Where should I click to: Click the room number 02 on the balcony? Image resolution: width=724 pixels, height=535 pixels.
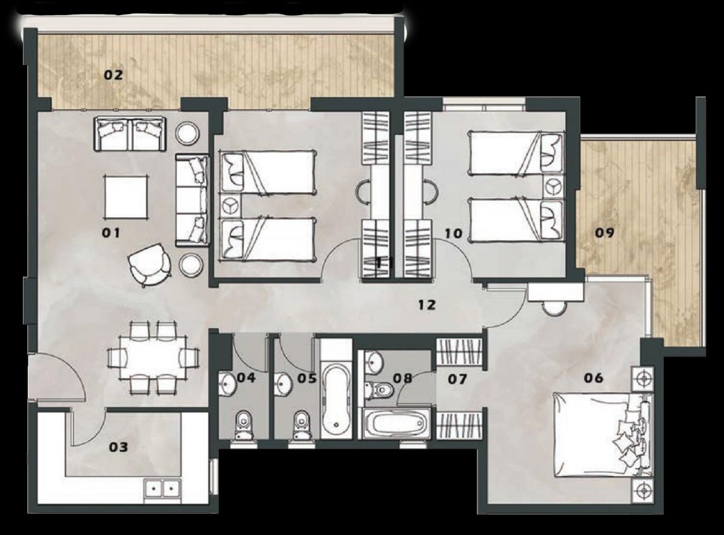pyautogui.click(x=113, y=75)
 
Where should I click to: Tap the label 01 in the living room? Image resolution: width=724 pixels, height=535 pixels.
pyautogui.click(x=111, y=233)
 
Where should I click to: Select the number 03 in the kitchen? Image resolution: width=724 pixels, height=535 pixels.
pyautogui.click(x=118, y=447)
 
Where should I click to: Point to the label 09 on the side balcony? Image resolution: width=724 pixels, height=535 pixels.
pyautogui.click(x=605, y=233)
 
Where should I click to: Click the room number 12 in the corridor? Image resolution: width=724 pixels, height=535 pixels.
pyautogui.click(x=427, y=305)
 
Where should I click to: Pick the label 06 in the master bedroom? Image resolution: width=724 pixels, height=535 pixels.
pyautogui.click(x=594, y=378)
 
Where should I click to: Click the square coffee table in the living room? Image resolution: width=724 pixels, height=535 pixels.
pyautogui.click(x=126, y=197)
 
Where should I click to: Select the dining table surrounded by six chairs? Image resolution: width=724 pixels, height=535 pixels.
pyautogui.click(x=153, y=358)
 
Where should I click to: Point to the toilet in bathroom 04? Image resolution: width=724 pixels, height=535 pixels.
pyautogui.click(x=244, y=425)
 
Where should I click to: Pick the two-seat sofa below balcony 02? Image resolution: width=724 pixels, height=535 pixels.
pyautogui.click(x=130, y=134)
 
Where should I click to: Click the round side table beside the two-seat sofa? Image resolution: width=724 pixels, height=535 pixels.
pyautogui.click(x=188, y=132)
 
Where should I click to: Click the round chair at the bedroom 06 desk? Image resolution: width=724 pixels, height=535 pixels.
pyautogui.click(x=554, y=308)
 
